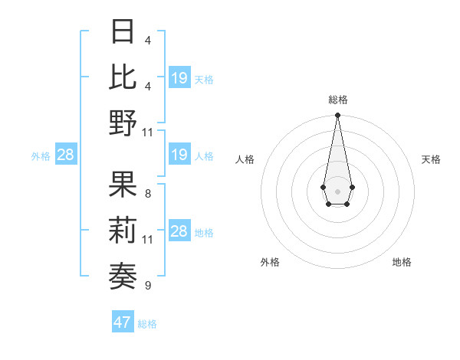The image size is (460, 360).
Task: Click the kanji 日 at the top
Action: pos(123,31)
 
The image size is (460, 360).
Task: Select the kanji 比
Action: pos(123,76)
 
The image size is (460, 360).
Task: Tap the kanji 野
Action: pos(123,122)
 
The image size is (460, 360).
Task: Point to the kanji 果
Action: pos(123,185)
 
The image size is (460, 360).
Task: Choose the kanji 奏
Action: pos(123,275)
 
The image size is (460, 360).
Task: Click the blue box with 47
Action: pos(123,322)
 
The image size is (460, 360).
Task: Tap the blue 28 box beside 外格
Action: pos(65,155)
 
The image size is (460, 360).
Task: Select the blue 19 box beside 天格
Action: pos(179,78)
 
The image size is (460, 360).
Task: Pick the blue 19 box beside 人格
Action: pos(179,155)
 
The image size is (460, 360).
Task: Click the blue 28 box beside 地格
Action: pos(179,232)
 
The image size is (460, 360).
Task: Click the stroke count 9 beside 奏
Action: pos(147,286)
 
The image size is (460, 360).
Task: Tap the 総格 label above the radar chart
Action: pos(337,100)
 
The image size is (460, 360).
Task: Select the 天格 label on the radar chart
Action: pos(431,159)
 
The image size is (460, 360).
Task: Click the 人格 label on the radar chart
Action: pos(245,159)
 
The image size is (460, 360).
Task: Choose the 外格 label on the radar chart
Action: pos(270,262)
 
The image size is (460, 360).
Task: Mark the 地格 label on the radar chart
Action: pos(402,262)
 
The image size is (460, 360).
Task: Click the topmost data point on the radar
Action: pos(337,116)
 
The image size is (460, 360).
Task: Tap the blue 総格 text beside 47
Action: pos(147,324)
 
